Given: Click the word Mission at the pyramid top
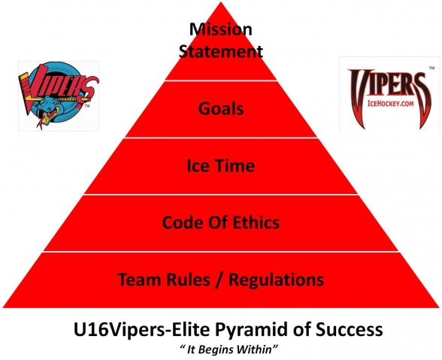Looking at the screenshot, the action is coord(221,29).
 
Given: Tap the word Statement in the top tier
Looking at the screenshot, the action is coord(221,52).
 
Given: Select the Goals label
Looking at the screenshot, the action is coord(221,108).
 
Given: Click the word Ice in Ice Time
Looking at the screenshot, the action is coord(198,165).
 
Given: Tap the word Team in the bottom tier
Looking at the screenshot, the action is coord(140,280).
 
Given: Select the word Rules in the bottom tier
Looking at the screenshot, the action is coord(188,280).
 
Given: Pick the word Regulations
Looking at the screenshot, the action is coord(277,280).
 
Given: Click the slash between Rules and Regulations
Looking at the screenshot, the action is coord(219,280).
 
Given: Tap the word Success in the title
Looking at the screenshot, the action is coord(349,329).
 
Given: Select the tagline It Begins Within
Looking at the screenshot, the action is coord(229,349).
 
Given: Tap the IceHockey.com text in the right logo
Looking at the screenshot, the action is coord(390,104).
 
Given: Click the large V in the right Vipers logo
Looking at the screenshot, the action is coord(359,97).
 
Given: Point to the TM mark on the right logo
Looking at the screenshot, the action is coord(431,68).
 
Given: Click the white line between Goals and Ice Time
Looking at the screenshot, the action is coord(221,138).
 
